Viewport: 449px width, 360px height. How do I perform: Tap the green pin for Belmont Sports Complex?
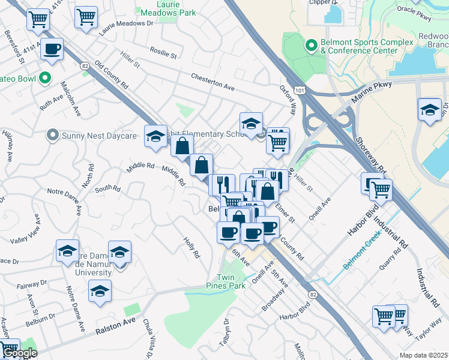pyautogui.click(x=311, y=46)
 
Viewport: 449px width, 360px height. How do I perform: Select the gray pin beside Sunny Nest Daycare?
pyautogui.click(x=53, y=136)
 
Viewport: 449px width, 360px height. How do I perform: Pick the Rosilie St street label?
pyautogui.click(x=164, y=54)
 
